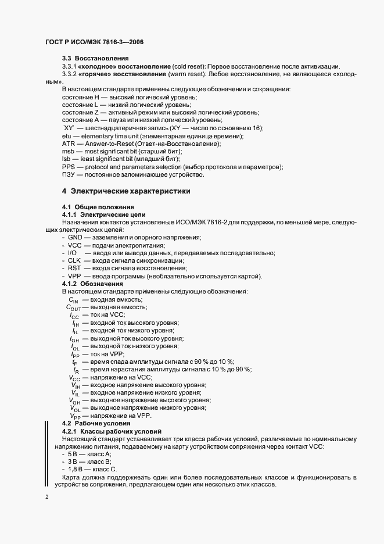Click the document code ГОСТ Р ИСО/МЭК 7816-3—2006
pos(95,42)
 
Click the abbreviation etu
pos(66,135)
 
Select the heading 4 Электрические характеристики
pos(126,191)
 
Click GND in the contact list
pos(76,238)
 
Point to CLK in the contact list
pos(74,260)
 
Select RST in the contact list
pos(74,268)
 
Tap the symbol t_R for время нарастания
pos(76,370)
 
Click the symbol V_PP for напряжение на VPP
pos(76,416)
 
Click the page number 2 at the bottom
pos(46,497)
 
